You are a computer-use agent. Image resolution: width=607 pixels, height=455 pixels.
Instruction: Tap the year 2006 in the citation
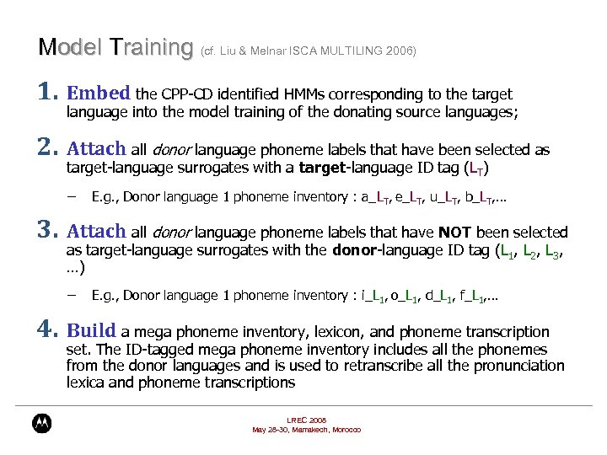click(400, 51)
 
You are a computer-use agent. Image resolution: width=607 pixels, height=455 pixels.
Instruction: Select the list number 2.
click(47, 149)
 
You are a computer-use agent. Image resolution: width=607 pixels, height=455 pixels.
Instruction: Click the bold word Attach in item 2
click(95, 149)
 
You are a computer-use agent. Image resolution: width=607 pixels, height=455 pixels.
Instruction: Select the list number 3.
click(47, 231)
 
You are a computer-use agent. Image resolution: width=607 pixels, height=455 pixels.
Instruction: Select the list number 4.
click(47, 331)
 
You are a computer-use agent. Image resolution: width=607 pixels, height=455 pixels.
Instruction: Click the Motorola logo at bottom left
click(41, 423)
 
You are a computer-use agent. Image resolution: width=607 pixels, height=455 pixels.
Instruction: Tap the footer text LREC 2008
click(306, 420)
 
